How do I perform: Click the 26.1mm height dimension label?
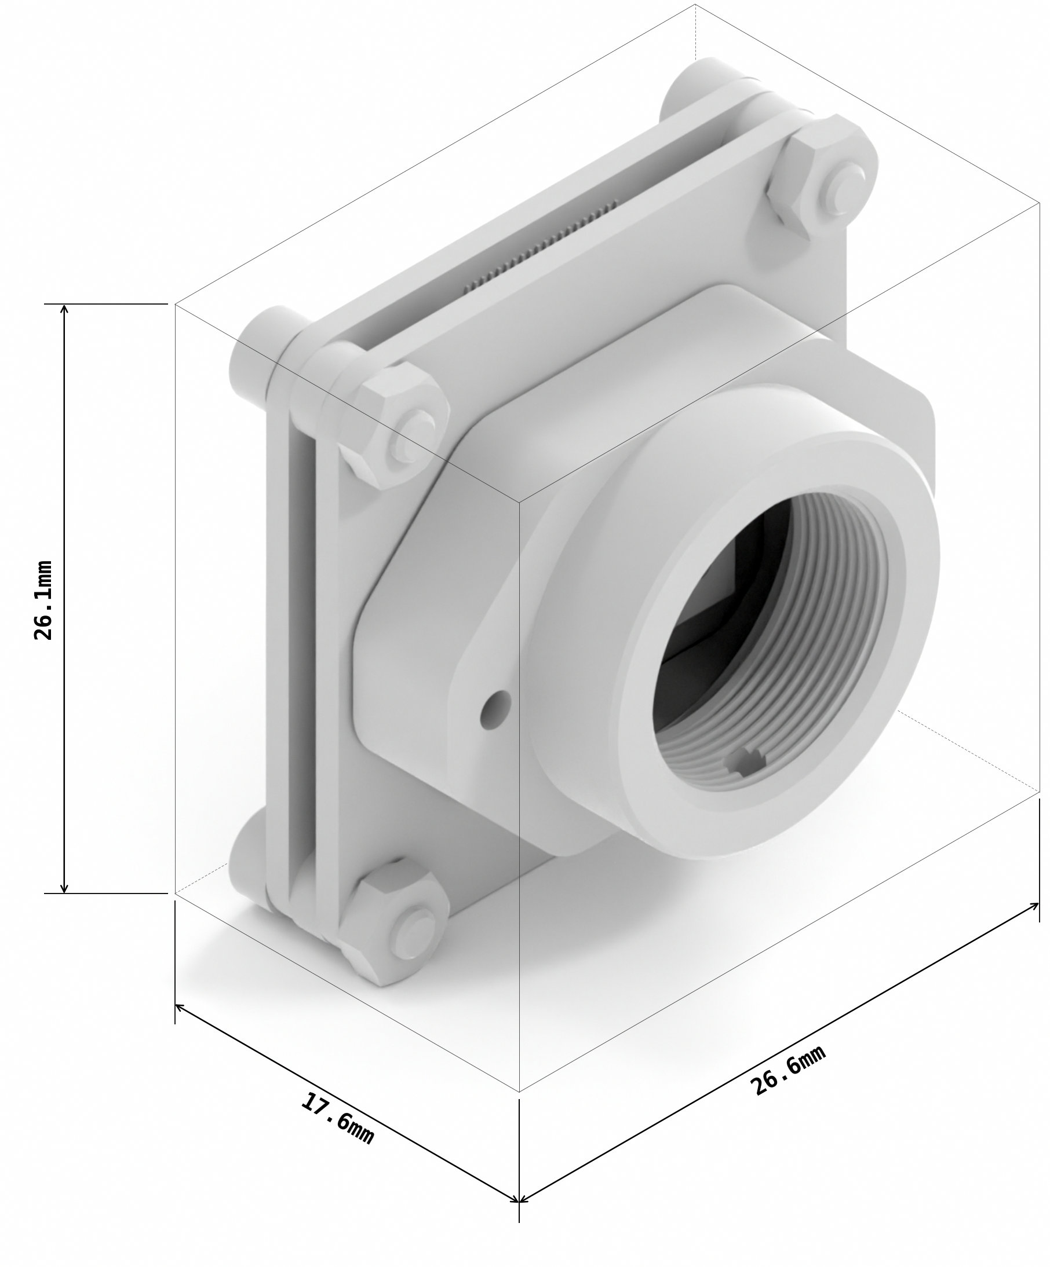pyautogui.click(x=43, y=600)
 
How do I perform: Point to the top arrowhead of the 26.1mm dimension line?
pyautogui.click(x=64, y=309)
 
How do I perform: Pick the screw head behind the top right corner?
pyautogui.click(x=688, y=90)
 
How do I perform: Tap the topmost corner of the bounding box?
pyautogui.click(x=695, y=5)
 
